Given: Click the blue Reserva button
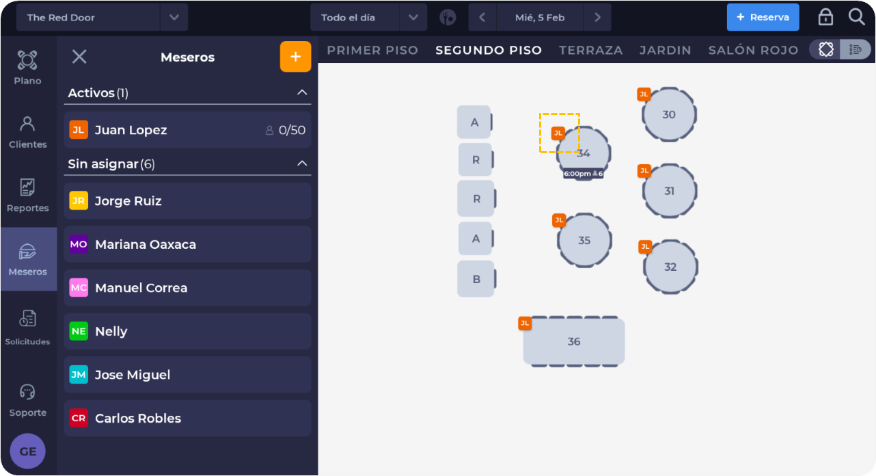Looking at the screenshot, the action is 763,17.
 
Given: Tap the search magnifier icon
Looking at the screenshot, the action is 856,17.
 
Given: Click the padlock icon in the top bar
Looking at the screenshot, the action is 825,17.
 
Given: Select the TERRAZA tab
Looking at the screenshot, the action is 590,50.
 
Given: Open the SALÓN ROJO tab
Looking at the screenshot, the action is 753,50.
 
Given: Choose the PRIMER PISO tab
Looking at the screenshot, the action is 372,50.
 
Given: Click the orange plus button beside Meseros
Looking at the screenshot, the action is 295,57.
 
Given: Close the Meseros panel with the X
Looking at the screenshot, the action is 79,57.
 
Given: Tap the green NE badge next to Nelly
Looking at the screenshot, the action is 79,331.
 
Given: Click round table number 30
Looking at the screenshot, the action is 669,114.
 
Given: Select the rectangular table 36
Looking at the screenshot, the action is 574,341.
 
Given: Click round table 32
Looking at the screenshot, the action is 670,267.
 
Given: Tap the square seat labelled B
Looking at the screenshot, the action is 476,279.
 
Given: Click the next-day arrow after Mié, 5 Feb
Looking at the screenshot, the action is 597,17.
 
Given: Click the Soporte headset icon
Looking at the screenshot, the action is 27,392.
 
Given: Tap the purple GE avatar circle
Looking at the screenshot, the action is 27,451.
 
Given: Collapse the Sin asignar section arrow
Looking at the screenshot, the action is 302,163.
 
